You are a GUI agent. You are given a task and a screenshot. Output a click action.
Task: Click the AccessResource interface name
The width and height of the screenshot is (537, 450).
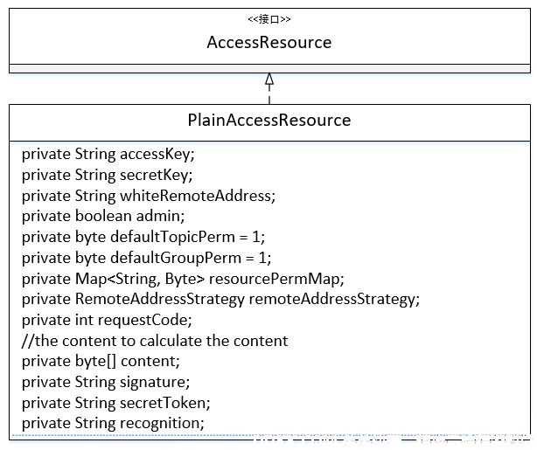pyautogui.click(x=269, y=43)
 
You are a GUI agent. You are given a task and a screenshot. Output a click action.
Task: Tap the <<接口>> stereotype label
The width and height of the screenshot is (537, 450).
pyautogui.click(x=269, y=19)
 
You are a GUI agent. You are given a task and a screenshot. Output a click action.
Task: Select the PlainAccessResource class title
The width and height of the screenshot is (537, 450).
pyautogui.click(x=269, y=120)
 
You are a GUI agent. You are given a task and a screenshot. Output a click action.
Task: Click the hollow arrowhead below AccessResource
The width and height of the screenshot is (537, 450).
pyautogui.click(x=269, y=79)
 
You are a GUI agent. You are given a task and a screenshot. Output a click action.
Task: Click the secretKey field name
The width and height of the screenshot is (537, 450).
pyautogui.click(x=155, y=175)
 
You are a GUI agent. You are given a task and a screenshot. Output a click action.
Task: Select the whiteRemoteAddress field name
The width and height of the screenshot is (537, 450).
pyautogui.click(x=196, y=196)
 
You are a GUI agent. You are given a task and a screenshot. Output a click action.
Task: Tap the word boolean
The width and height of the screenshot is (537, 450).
pyautogui.click(x=103, y=216)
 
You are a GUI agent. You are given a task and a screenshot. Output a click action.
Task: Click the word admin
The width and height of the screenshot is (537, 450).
pyautogui.click(x=158, y=216)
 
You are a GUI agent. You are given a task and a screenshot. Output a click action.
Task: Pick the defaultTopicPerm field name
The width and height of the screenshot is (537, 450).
pyautogui.click(x=172, y=237)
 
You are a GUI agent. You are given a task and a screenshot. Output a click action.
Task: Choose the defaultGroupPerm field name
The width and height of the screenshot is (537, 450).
pyautogui.click(x=176, y=258)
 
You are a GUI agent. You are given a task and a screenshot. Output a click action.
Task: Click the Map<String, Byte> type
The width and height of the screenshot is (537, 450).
pyautogui.click(x=140, y=279)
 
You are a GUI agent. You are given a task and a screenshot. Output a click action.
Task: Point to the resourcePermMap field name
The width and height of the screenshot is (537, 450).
pyautogui.click(x=275, y=279)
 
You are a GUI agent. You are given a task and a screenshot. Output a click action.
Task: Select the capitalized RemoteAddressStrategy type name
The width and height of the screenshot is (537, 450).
pyautogui.click(x=159, y=299)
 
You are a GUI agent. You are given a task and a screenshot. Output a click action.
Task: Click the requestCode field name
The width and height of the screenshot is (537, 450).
pyautogui.click(x=143, y=320)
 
